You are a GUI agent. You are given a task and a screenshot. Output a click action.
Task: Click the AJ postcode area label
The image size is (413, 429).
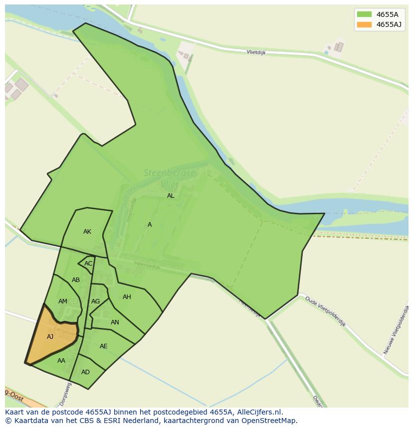tap(50, 337)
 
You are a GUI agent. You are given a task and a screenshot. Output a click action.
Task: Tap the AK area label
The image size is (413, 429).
tap(87, 232)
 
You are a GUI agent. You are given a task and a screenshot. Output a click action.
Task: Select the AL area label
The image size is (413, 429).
tap(171, 196)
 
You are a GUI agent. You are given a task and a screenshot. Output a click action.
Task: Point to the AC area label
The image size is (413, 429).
tap(88, 264)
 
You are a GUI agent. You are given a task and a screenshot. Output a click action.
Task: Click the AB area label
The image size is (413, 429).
tap(76, 280)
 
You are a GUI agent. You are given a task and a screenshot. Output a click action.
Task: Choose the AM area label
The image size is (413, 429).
tap(63, 301)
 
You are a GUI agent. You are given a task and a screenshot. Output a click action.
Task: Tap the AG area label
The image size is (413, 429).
tap(95, 301)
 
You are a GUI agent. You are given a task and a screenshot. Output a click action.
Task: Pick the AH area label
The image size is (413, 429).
tap(127, 297)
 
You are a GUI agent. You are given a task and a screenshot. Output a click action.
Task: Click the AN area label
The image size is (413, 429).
tap(115, 322)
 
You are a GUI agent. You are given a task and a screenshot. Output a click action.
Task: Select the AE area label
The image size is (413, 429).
tap(103, 346)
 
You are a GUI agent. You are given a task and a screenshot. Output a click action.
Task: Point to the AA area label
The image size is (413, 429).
tap(61, 361)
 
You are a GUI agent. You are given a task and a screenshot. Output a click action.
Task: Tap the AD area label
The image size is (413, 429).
tap(85, 372)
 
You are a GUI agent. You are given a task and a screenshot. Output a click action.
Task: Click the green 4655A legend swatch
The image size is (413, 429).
tap(364, 14)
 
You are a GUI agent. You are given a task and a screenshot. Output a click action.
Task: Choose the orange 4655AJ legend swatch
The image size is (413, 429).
tap(364, 24)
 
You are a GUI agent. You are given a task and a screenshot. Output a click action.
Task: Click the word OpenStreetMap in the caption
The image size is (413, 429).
tap(268, 421)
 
